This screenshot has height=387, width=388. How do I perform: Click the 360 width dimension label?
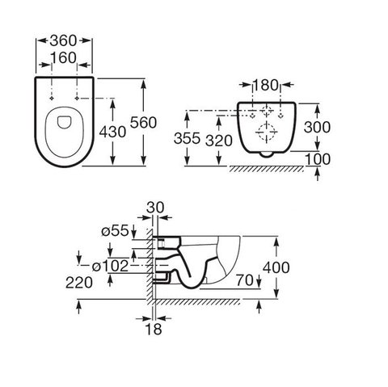click(x=64, y=41)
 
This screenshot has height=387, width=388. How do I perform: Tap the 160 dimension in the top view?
click(x=64, y=58)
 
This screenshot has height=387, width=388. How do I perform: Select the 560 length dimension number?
click(x=143, y=123)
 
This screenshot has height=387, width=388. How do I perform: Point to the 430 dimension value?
click(x=112, y=132)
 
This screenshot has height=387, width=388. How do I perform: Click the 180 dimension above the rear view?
click(x=265, y=85)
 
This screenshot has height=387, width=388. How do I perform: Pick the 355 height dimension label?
click(x=187, y=138)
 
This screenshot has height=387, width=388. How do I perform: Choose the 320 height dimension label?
click(x=219, y=141)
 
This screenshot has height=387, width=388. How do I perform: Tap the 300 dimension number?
click(x=317, y=127)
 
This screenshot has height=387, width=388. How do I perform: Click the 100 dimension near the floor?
click(x=318, y=159)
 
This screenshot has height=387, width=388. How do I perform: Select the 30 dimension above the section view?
click(x=155, y=208)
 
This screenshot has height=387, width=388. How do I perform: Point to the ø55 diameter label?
click(x=115, y=231)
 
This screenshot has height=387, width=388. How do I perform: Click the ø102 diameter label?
click(x=110, y=267)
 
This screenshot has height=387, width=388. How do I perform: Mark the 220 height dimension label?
click(x=79, y=283)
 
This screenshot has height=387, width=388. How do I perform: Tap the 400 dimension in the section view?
click(x=276, y=267)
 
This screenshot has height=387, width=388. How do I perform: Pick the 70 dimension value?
click(x=245, y=280)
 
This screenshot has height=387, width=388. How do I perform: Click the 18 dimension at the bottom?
click(x=154, y=329)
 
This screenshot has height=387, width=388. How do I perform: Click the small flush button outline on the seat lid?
click(x=64, y=122)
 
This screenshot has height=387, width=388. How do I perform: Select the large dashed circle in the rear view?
click(x=266, y=132)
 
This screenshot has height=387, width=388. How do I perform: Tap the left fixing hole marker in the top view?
click(x=52, y=99)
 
